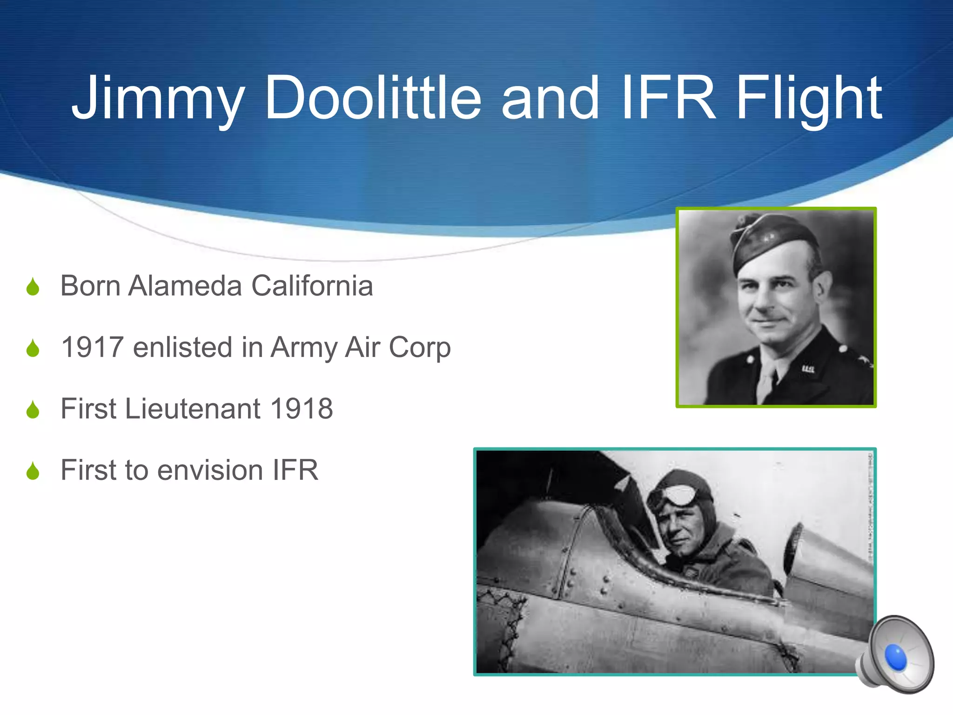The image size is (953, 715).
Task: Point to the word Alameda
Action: [x=185, y=285]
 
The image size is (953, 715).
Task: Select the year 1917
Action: [x=92, y=347]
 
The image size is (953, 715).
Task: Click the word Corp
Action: [x=419, y=348]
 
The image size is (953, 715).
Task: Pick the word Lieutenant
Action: [x=193, y=409]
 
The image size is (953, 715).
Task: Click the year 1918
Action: [x=302, y=409]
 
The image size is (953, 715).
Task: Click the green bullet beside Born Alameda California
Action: [x=33, y=287]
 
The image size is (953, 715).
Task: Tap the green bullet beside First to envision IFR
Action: [x=33, y=471]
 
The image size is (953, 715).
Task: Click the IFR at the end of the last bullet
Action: [x=295, y=470]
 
